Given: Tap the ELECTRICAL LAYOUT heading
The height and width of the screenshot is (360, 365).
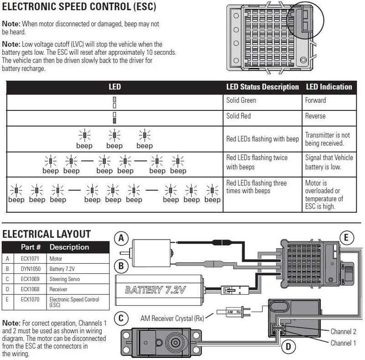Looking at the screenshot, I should coord(47,234).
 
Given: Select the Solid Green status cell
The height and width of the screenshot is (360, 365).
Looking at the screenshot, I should coord(241,100).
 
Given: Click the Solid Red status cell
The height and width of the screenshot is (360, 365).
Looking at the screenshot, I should coord(239,116).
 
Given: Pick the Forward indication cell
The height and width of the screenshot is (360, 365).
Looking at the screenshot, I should coord(316,100).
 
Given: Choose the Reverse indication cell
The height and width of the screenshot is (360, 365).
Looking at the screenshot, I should coord(315,116).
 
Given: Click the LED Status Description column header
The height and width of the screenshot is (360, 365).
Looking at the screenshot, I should coord(262,87).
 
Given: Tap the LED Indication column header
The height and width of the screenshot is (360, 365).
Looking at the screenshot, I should coord(329,87).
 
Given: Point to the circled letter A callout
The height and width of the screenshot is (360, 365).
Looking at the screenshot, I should coord(121,238).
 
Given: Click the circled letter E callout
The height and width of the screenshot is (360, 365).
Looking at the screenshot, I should coord(347,237).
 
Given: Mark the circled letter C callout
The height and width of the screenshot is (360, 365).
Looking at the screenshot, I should coord(121,318).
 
